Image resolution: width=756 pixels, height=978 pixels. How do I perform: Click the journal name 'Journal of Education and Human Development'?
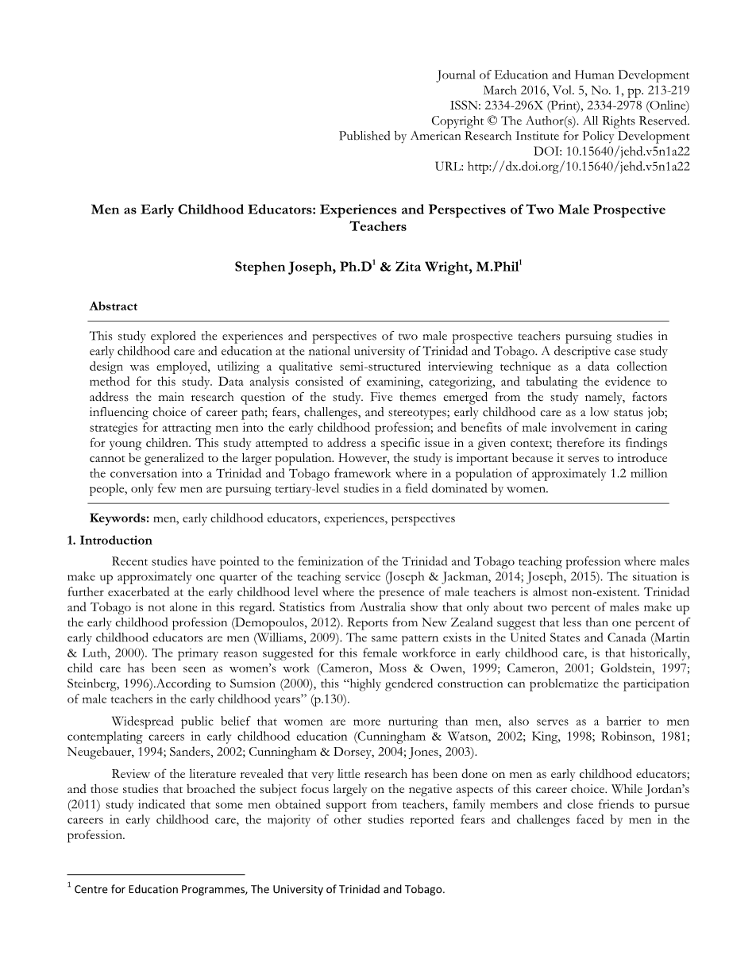563,75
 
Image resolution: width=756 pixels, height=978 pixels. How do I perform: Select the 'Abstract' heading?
114,306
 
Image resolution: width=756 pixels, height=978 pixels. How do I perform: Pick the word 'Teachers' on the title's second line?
378,226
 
